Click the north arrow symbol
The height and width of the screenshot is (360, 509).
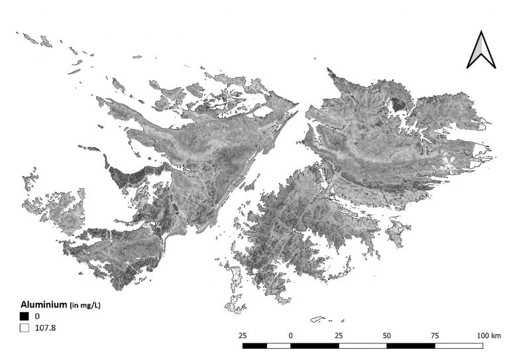point(482,50)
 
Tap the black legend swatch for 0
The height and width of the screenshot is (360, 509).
point(24,316)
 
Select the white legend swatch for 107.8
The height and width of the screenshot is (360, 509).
point(24,327)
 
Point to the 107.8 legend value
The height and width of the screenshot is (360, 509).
point(46,327)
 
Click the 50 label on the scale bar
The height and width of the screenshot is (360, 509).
point(387,336)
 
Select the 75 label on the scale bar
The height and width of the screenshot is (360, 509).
point(435,336)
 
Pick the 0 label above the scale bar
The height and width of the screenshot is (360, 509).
point(291,336)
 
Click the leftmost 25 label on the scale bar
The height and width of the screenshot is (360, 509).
point(243,336)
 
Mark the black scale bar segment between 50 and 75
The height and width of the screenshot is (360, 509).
point(411,345)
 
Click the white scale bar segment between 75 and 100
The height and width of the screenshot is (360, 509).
point(459,345)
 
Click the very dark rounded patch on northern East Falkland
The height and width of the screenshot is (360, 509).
point(398,104)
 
